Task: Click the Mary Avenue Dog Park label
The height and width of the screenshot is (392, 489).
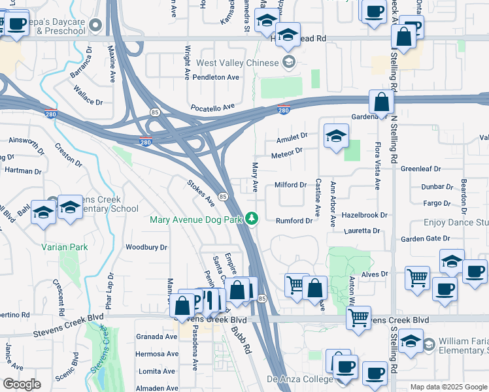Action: coord(196,220)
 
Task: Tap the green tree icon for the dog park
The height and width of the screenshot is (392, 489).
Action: coord(252,219)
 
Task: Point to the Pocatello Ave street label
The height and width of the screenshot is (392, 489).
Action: coord(212,106)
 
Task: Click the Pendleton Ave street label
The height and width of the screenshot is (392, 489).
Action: coord(216,77)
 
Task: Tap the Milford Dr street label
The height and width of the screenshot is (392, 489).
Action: coord(290,185)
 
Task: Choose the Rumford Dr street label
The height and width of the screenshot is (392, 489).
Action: coord(294,221)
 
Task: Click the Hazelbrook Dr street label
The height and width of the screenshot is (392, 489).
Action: coord(365,214)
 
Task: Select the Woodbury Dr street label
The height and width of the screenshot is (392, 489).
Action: coord(146,247)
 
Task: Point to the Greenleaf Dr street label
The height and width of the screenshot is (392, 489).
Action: coord(421,169)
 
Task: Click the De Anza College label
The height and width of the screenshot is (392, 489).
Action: coord(299,380)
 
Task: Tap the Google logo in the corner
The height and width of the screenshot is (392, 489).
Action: coord(22,384)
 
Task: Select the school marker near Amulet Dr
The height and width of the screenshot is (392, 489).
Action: coord(336,136)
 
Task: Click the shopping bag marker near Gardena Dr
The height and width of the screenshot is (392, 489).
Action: coord(381,103)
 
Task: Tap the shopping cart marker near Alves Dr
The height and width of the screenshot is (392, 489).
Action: coord(417,278)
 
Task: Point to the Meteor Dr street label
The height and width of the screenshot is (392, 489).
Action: coord(291,152)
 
